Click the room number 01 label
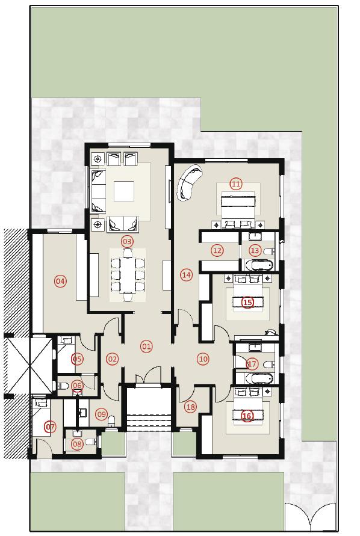[x=146, y=346]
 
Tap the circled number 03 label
[x=126, y=241]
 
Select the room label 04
[x=60, y=281]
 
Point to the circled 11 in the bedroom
[x=235, y=183]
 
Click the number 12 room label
[x=217, y=250]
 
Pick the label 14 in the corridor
[x=186, y=274]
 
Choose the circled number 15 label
[x=247, y=302]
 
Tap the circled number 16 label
[x=246, y=415]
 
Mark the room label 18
[x=191, y=407]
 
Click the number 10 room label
[x=203, y=359]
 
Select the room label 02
[x=112, y=359]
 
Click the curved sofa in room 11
[x=189, y=182]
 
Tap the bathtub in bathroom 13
[x=258, y=265]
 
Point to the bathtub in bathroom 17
[x=255, y=378]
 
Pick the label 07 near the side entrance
[x=51, y=427]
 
